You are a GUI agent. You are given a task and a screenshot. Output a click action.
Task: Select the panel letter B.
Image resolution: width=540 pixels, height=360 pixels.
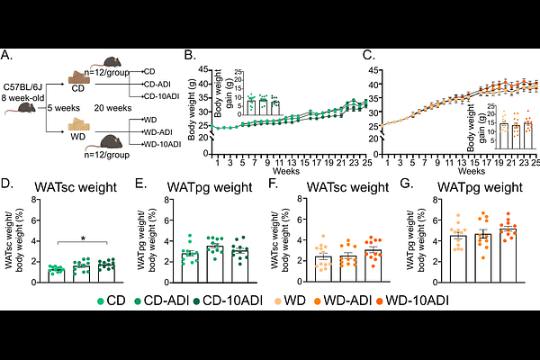point(189,55)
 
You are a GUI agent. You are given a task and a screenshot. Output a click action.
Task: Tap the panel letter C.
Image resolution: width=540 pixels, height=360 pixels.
point(368,55)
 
